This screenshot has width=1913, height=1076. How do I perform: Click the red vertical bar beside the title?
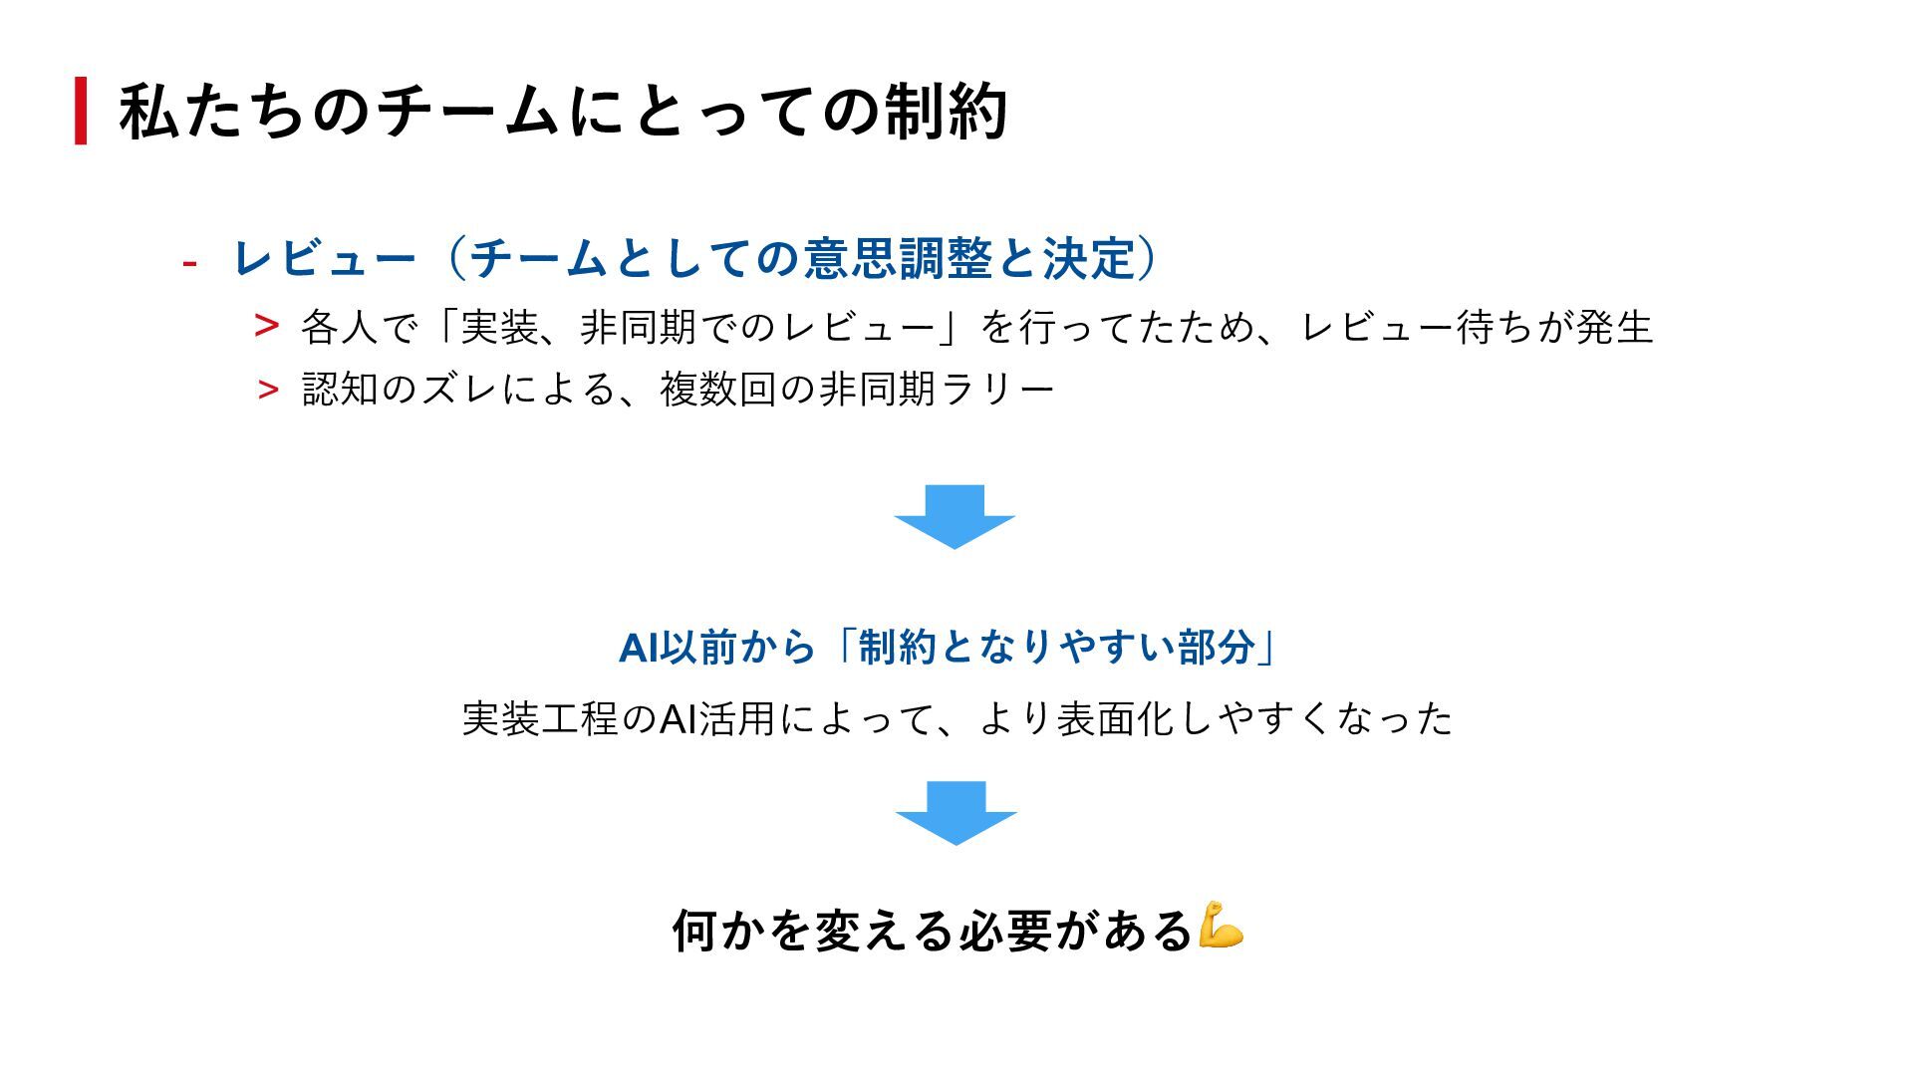click(81, 111)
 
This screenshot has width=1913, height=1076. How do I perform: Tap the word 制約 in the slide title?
click(946, 111)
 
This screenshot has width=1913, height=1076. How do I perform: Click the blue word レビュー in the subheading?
click(324, 259)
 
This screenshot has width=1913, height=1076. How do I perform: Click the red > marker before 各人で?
click(266, 326)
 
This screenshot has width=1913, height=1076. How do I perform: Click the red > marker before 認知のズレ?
click(267, 390)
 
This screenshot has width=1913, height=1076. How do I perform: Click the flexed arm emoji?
click(1222, 926)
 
